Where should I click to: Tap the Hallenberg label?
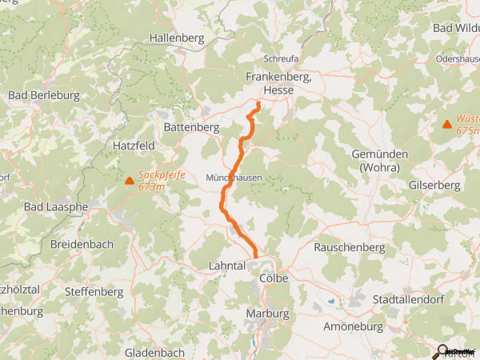tap(178, 37)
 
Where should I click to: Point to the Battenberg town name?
tap(191, 127)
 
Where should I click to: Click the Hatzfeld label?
tap(134, 146)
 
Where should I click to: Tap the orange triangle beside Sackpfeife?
tap(130, 180)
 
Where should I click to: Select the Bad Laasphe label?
tap(56, 207)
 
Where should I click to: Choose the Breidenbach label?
tap(82, 244)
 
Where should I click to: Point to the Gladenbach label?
tap(154, 352)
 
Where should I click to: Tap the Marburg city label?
tap(267, 313)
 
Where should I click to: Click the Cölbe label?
tap(274, 277)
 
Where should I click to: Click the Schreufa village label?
tap(281, 59)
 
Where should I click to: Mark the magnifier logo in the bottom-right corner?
tap(442, 350)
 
